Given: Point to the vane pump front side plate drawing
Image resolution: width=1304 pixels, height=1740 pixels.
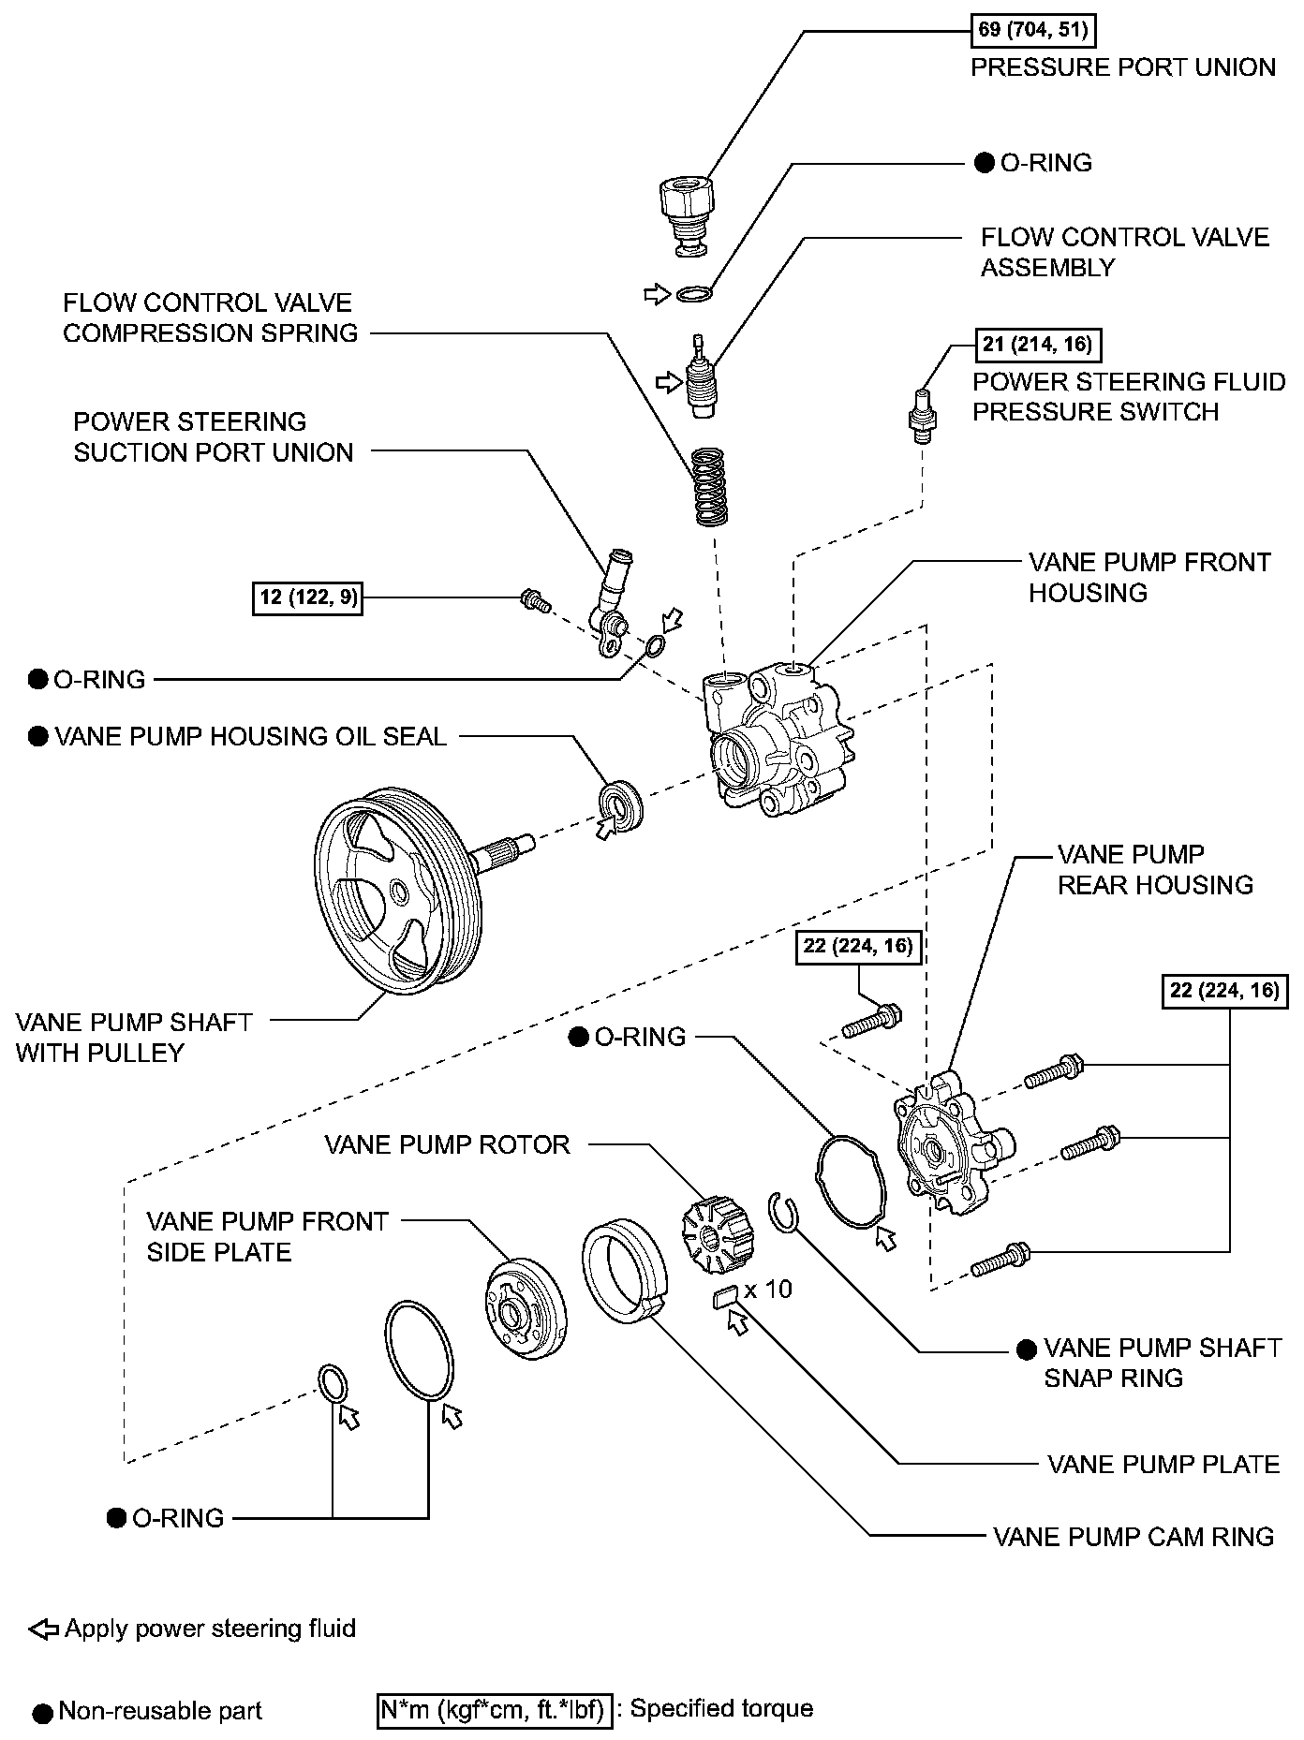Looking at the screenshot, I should coord(526,1307).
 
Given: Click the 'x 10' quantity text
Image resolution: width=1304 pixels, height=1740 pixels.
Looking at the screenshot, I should coord(769,1290).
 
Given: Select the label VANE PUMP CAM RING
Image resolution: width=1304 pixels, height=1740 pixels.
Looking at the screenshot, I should coord(1134,1537).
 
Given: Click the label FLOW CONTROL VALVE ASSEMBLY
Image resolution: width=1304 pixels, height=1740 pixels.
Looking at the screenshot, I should coord(1124,252).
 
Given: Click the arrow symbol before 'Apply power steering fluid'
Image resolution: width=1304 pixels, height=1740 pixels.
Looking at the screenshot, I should coord(43,1630).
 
